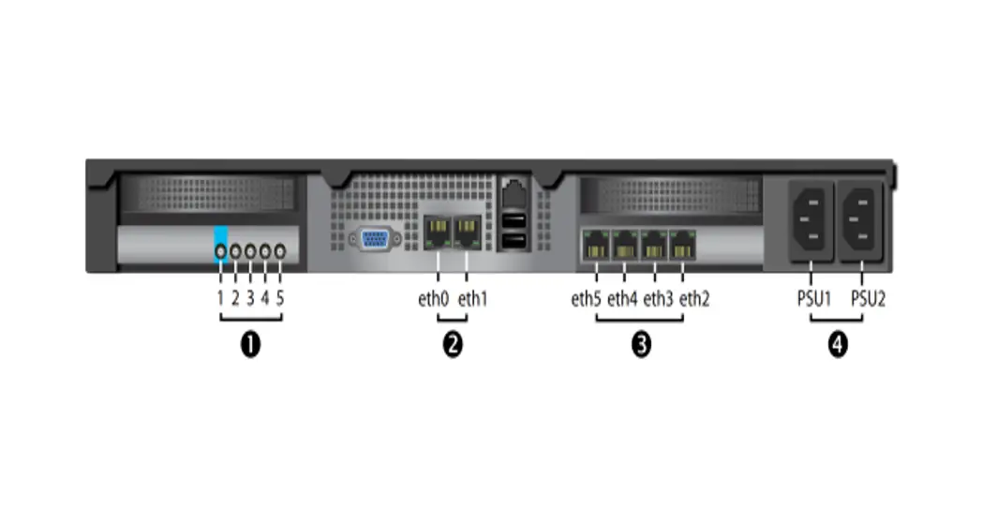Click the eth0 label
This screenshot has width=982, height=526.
pos(433,300)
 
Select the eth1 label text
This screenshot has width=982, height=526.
pos(472,300)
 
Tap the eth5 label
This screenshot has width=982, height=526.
pos(587,300)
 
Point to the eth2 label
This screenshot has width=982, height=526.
pos(694,300)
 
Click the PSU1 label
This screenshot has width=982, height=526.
pos(808,300)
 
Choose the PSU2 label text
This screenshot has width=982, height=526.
pos(867,300)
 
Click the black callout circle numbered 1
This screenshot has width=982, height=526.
pos(250,345)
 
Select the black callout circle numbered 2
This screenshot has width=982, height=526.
pos(453,345)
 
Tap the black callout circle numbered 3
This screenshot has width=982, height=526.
pos(641,345)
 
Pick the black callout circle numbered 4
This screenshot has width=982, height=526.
pos(837,345)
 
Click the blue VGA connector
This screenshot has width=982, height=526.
pos(376,239)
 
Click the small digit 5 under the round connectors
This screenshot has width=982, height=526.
pos(280,300)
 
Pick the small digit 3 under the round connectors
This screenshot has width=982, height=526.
pos(250,300)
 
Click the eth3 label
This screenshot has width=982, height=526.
pos(658,300)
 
